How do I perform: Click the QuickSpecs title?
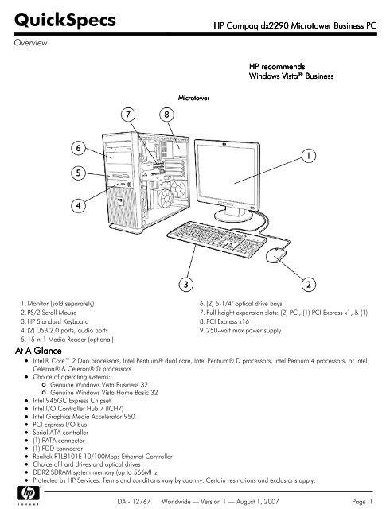click(65, 20)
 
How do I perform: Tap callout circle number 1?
click(309, 156)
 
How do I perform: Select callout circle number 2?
click(309, 285)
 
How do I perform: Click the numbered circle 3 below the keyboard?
click(186, 285)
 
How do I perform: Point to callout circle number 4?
click(78, 205)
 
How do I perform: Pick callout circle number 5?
click(78, 173)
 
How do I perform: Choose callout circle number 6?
click(78, 148)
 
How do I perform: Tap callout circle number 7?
click(128, 115)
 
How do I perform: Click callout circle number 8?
click(166, 115)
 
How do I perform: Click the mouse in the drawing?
click(276, 254)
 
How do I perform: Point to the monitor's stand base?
click(232, 216)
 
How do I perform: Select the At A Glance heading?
click(38, 351)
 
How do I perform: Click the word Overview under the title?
click(30, 42)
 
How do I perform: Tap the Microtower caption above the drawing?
click(193, 98)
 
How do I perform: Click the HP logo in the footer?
click(28, 494)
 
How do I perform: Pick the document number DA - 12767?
click(134, 502)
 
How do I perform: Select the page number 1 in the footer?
click(371, 502)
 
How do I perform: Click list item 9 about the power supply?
click(240, 331)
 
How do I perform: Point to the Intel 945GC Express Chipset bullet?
click(72, 401)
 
